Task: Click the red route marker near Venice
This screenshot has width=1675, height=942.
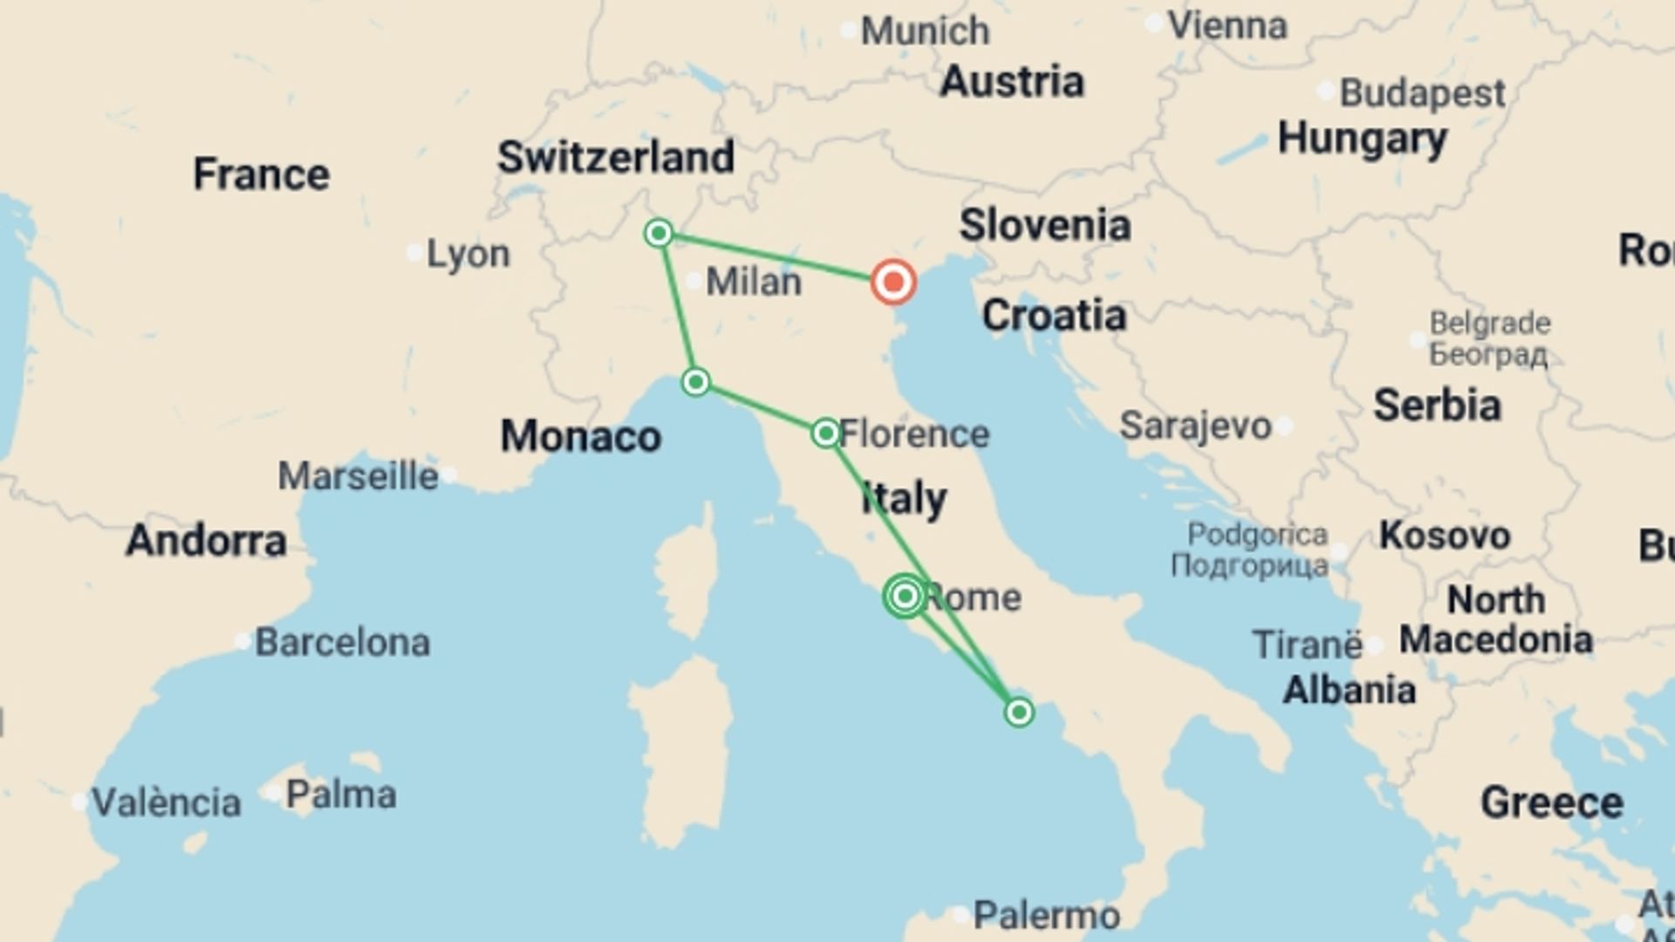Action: [893, 282]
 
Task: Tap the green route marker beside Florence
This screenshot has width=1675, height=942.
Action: [825, 433]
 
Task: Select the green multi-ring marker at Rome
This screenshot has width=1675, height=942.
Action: [905, 596]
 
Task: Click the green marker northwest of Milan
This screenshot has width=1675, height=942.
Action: [659, 233]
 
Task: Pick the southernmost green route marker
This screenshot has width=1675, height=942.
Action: [1019, 713]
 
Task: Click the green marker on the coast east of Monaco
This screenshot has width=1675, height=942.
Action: [695, 382]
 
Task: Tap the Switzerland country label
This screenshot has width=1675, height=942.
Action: [616, 157]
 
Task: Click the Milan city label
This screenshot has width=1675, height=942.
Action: [753, 282]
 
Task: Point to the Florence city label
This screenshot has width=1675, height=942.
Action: [914, 433]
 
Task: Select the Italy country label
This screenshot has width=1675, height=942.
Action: [904, 498]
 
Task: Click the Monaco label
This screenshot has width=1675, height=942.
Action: [580, 436]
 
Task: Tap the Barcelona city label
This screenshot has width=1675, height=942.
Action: [342, 643]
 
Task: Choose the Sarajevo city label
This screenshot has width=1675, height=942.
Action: [1195, 426]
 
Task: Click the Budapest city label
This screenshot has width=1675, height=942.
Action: [1422, 92]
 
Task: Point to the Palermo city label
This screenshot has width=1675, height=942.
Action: [1046, 916]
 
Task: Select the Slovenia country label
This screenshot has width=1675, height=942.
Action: [1045, 225]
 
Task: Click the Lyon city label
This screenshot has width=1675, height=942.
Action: [468, 254]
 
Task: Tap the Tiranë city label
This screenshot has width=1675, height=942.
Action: [1307, 645]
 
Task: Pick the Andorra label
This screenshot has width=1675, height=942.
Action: [206, 541]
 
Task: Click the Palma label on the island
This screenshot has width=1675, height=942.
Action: [341, 795]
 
